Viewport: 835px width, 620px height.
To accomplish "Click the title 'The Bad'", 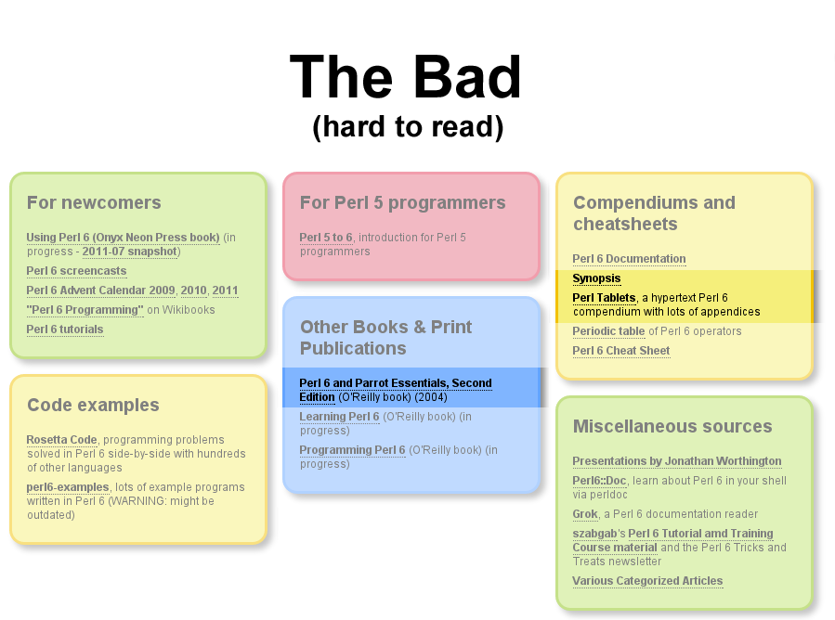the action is coord(405,77).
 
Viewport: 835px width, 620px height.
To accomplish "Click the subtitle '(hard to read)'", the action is coord(408,127).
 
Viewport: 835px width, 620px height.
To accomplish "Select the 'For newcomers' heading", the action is coord(94,202).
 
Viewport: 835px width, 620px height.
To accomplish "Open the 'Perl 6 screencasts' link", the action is coord(77,271).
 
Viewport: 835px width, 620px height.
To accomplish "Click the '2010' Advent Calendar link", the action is coord(193,291).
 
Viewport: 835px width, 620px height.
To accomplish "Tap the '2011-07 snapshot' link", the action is coord(130,252).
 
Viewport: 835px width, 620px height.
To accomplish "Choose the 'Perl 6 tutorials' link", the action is coord(65,329).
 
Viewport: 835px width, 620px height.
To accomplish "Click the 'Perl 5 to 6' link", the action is coord(326,238).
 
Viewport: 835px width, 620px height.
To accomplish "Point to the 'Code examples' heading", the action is coord(93,405).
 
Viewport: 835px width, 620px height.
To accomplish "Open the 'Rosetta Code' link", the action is coord(62,440).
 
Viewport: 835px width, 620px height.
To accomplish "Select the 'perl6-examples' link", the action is coord(68,487).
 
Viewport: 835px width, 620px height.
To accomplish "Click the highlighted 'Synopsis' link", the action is coord(596,278).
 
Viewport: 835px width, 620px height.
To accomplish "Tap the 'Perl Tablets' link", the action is coord(604,298).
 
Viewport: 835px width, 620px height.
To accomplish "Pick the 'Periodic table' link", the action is coord(608,331).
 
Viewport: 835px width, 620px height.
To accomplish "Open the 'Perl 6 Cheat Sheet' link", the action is coord(621,351).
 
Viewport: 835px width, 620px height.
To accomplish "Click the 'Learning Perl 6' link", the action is coord(339,417).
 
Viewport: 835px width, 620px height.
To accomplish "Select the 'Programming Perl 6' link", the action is coord(352,450).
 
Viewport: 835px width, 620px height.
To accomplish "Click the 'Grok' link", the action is coord(585,514).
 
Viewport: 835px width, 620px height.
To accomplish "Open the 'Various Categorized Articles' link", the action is coord(647,581).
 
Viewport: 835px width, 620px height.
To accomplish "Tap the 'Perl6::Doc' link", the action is coord(599,481).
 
